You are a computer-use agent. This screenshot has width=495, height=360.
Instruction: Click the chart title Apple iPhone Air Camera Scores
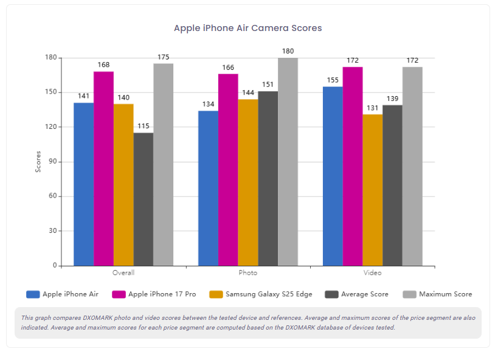(247, 28)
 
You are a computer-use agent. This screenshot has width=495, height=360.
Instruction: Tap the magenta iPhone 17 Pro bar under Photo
(228, 170)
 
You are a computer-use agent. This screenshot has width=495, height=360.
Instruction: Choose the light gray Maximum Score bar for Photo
(288, 162)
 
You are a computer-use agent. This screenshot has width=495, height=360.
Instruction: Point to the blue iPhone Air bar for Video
(333, 176)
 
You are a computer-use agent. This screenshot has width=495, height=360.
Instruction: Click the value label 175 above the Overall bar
(163, 57)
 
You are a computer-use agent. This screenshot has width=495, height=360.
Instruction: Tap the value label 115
(144, 126)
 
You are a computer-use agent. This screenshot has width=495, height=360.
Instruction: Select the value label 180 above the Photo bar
(288, 51)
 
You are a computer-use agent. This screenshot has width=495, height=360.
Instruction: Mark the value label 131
(372, 108)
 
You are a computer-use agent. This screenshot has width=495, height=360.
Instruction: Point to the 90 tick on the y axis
(52, 162)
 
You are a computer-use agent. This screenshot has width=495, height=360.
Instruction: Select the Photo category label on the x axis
(248, 273)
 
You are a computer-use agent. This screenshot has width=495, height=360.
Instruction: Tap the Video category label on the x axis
(373, 273)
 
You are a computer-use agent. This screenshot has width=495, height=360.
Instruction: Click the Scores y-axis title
(38, 162)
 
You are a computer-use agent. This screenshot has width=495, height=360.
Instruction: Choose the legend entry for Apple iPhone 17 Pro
(154, 294)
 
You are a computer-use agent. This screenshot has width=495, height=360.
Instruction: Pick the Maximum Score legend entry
(438, 294)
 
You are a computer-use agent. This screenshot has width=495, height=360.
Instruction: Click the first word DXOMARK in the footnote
(96, 317)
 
